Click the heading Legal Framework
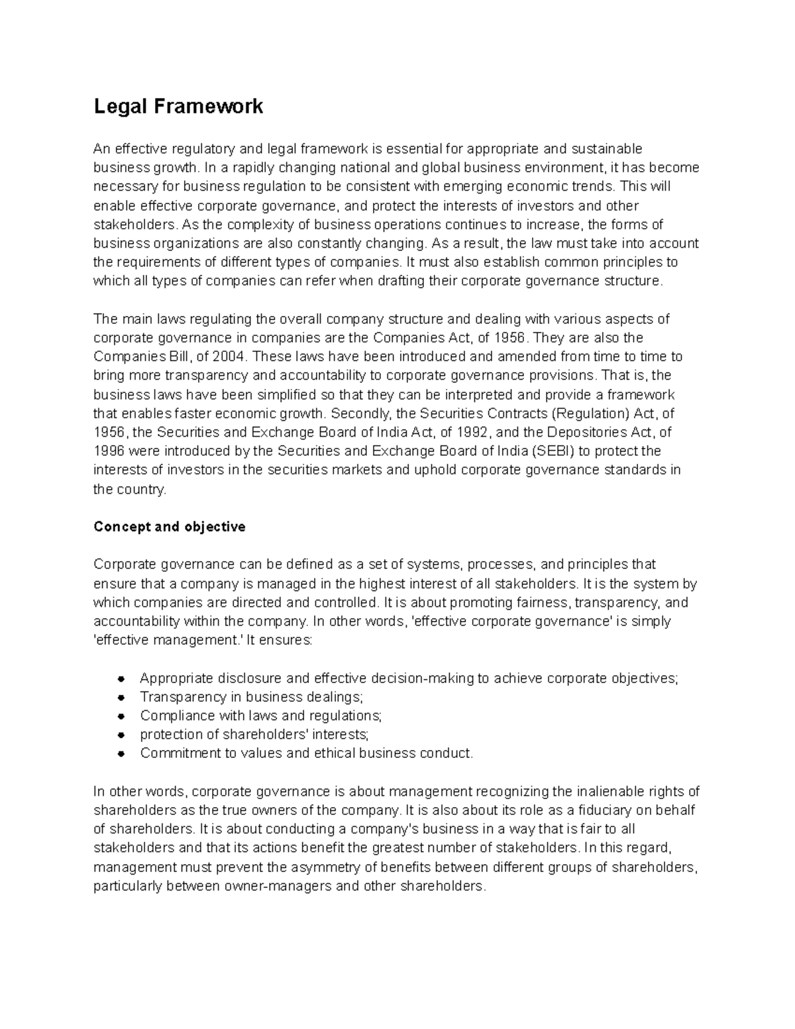(178, 106)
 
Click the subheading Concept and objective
(170, 527)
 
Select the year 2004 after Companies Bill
(229, 356)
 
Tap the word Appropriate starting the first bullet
(177, 678)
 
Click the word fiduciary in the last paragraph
(604, 810)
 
